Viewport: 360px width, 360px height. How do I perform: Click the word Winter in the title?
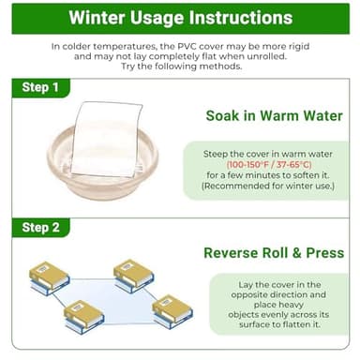point(97,18)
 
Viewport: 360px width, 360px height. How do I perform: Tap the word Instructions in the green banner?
point(241,18)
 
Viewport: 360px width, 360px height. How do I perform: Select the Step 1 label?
point(40,87)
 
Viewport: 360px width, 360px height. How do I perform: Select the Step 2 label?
point(40,228)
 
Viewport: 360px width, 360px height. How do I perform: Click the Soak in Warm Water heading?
point(275,115)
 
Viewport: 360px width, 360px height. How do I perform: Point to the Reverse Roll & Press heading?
point(274,253)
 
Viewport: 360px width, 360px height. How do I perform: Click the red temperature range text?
point(269,164)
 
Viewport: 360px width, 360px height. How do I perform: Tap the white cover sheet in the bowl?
point(107,139)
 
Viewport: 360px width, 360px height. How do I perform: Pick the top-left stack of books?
point(50,278)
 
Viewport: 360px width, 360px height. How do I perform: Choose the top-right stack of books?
point(134,276)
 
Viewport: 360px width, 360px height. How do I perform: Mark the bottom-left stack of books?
point(83,317)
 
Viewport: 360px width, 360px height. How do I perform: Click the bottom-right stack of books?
point(172,311)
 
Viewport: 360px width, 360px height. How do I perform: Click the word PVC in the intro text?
point(187,47)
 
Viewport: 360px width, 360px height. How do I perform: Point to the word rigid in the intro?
point(298,47)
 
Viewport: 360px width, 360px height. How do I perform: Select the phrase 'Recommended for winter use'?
point(268,186)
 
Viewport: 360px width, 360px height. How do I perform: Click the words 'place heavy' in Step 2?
point(278,305)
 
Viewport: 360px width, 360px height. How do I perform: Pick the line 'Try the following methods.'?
point(182,67)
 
